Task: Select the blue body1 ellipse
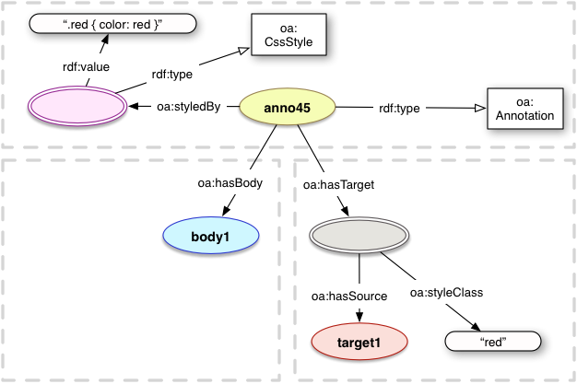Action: [x=209, y=238]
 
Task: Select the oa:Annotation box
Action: [x=522, y=108]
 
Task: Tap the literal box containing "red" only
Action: [x=490, y=342]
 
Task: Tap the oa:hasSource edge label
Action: [x=348, y=296]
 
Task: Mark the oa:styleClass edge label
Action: [x=446, y=293]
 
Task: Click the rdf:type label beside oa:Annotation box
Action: [x=399, y=109]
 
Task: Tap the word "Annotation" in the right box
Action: [x=523, y=116]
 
